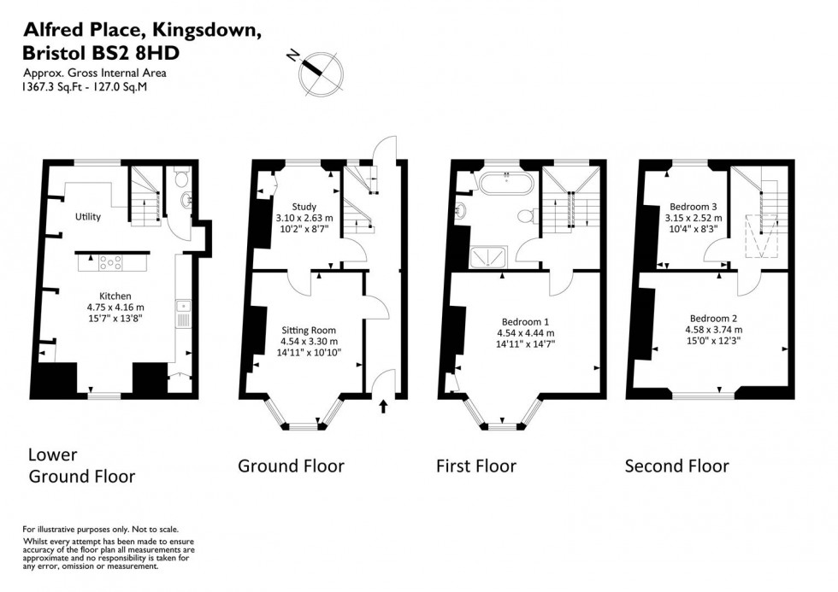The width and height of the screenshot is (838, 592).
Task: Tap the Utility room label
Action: coord(87,216)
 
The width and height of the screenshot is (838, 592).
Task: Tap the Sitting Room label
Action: coord(309,330)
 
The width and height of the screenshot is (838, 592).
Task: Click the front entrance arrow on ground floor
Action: coord(382,406)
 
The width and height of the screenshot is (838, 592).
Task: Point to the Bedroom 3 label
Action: coord(692,206)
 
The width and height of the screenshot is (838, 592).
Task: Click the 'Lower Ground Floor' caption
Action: coord(82,466)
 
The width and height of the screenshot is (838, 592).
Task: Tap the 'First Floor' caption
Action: coord(475,466)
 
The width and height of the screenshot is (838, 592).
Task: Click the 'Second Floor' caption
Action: coord(676,466)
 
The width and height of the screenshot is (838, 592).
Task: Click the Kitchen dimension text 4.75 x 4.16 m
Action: coord(115,308)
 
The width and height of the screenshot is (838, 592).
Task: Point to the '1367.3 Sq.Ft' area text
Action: coord(48,86)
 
